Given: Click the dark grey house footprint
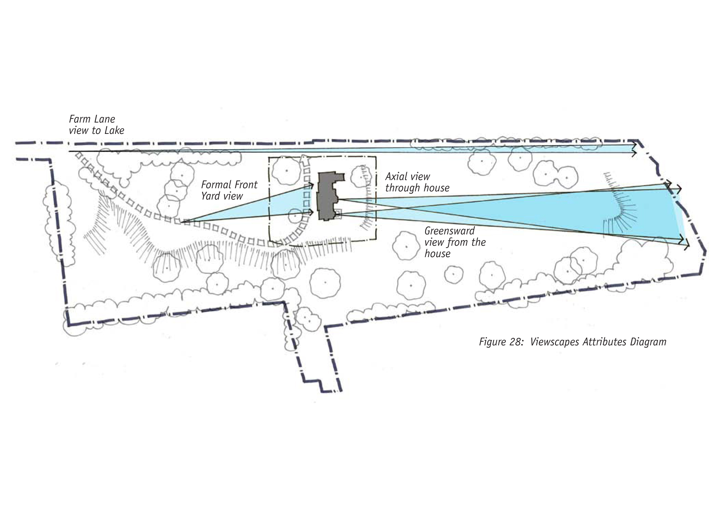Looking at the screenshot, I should (x=326, y=197).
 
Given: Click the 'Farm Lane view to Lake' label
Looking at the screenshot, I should (x=96, y=125).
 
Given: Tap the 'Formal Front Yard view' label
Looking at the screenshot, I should (x=229, y=190).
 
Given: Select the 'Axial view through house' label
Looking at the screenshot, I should (x=417, y=182).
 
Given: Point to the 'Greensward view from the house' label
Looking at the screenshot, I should (x=455, y=242).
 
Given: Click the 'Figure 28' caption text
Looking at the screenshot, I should (x=572, y=342).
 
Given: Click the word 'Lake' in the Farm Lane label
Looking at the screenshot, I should (x=114, y=130).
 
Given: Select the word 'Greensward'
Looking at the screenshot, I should (x=449, y=231).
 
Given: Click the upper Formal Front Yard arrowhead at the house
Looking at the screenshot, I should (x=311, y=185).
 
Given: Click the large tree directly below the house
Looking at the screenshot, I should (x=326, y=282).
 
